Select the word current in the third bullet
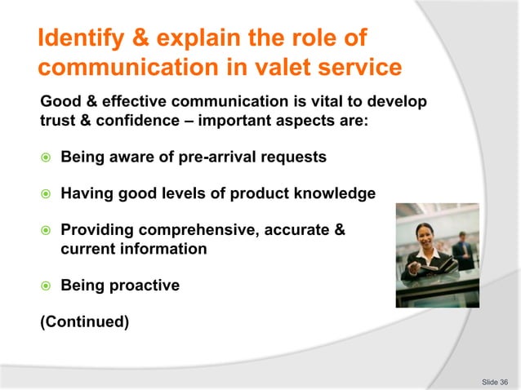pos(89,249)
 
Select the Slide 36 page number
pos(494,381)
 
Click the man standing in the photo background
pos(464,248)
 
